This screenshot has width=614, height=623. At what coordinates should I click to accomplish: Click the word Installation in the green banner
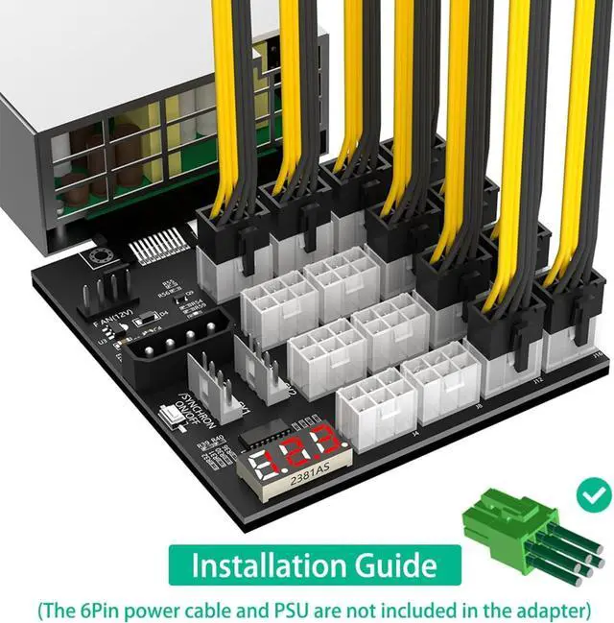256,565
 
